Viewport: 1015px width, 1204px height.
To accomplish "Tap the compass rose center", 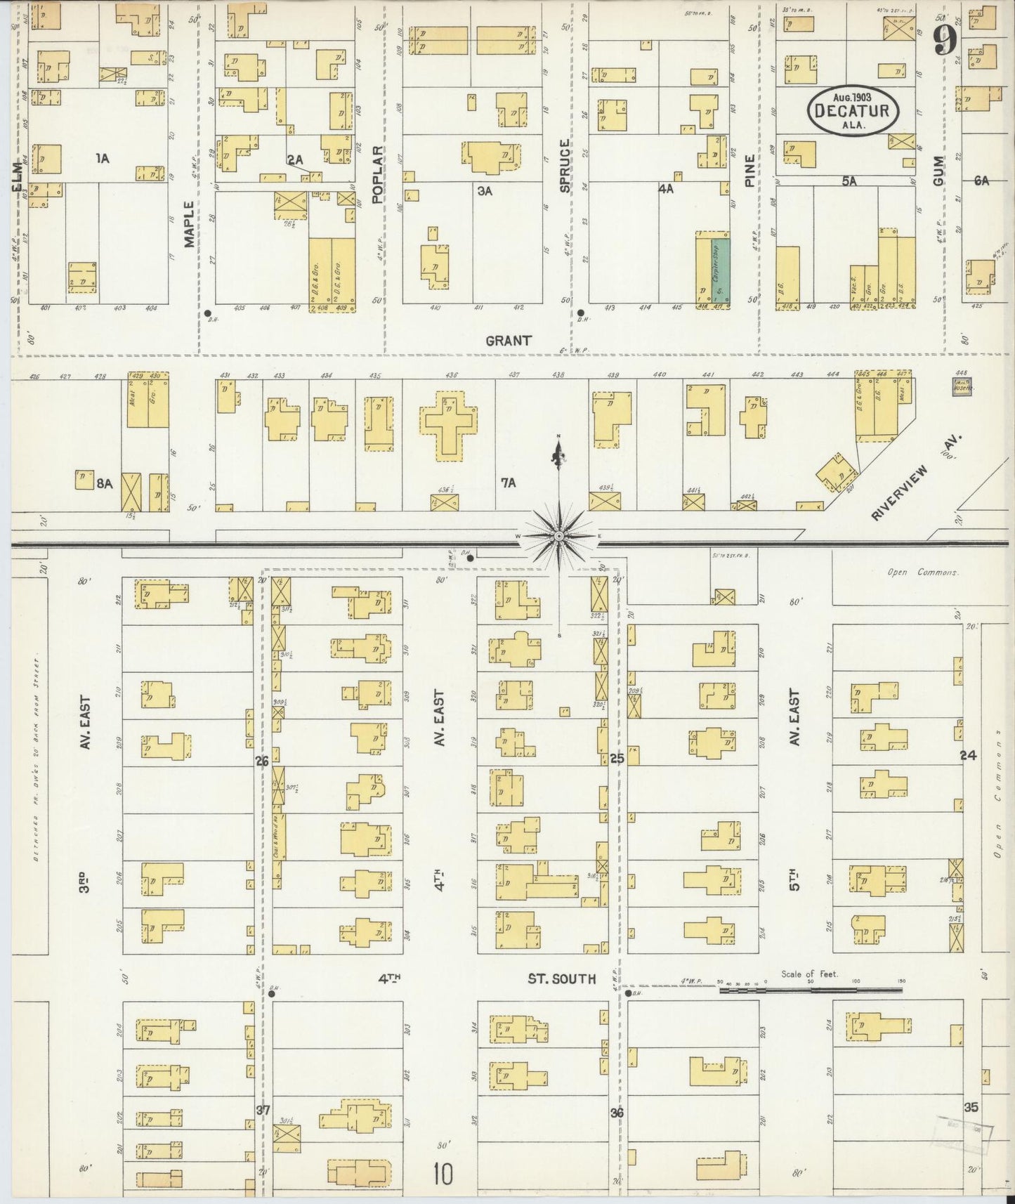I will (558, 536).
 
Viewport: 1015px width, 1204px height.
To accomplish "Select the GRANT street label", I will (508, 341).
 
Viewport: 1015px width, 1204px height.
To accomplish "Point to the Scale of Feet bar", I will (811, 990).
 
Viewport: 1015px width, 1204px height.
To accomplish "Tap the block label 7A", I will (508, 483).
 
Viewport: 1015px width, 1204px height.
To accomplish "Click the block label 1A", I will (103, 159).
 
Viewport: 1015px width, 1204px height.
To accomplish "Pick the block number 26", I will (262, 760).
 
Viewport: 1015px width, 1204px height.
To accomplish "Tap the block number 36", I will (617, 1113).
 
